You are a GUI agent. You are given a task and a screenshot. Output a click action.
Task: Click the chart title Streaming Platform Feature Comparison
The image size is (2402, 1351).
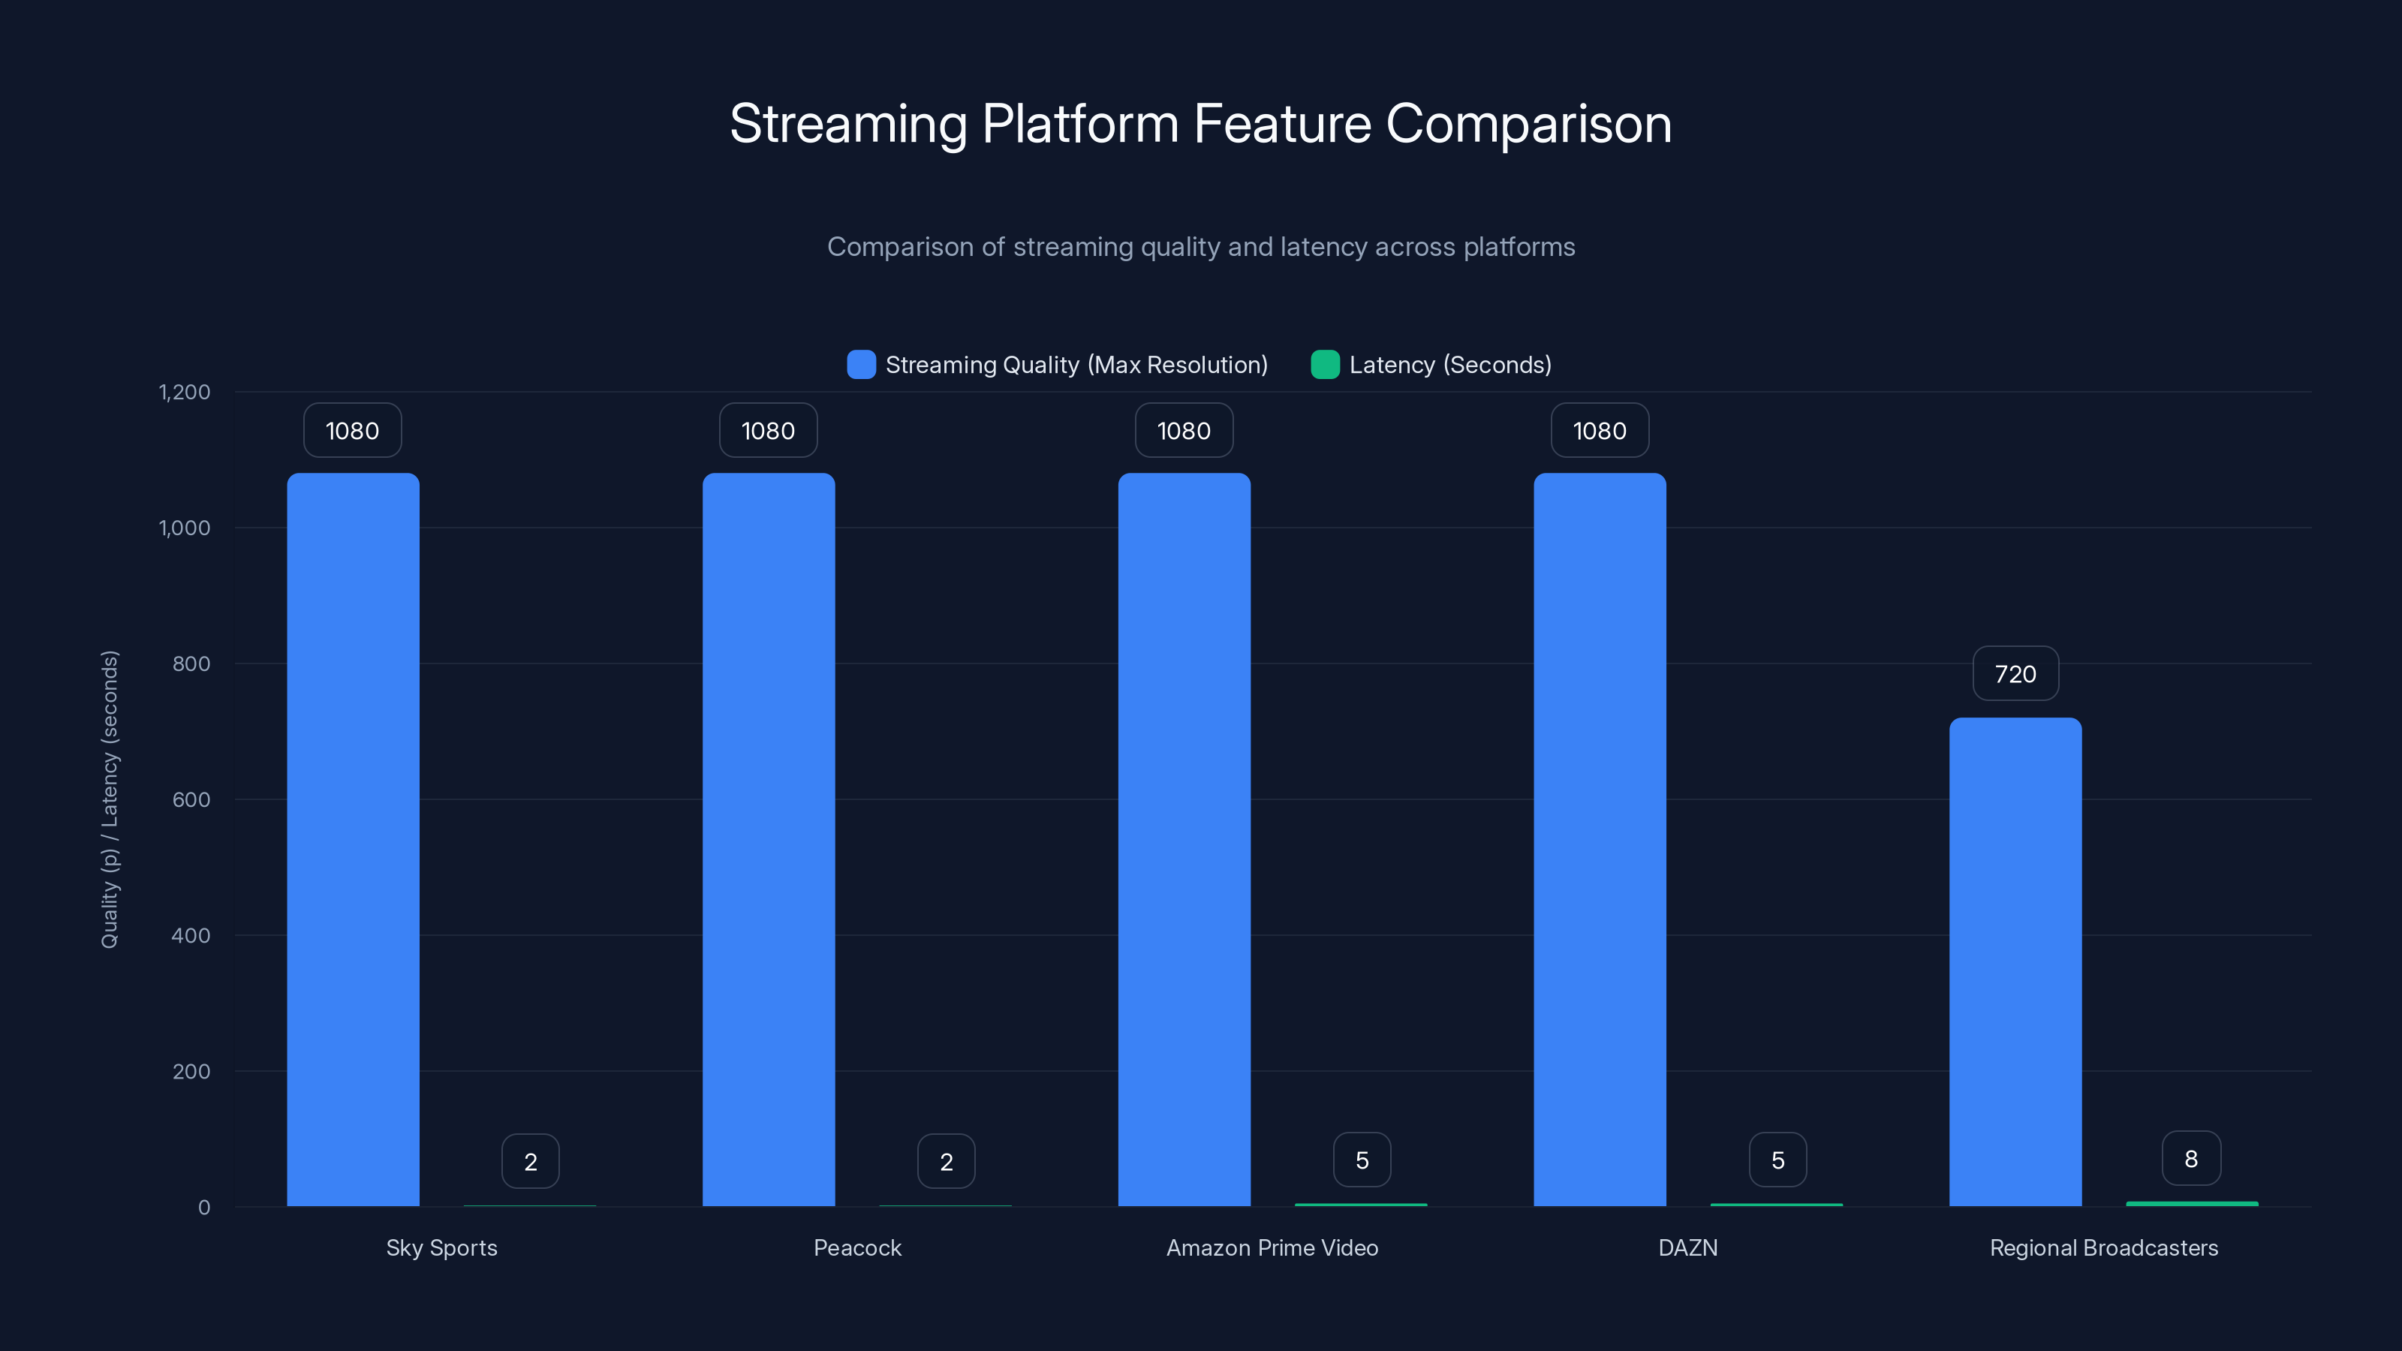[x=1200, y=124]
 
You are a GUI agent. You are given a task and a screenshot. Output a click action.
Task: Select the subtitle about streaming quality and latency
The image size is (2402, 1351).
[x=1200, y=247]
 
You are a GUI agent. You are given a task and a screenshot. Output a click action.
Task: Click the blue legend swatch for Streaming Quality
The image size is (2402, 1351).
[x=861, y=365]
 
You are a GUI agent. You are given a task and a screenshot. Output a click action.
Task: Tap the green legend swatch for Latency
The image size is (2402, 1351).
[x=1325, y=365]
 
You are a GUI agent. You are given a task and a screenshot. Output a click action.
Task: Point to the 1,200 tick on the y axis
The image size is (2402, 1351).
[x=185, y=392]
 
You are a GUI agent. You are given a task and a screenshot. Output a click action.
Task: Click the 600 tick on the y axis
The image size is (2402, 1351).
[x=191, y=799]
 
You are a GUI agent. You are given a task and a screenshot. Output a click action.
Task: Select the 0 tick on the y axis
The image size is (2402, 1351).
[x=204, y=1208]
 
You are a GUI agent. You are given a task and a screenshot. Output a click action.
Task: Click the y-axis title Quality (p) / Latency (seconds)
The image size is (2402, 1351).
[x=110, y=799]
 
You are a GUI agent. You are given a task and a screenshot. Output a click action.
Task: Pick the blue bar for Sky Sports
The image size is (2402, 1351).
[x=353, y=839]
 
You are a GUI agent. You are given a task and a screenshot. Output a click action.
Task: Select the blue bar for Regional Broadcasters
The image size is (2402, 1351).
[x=2015, y=961]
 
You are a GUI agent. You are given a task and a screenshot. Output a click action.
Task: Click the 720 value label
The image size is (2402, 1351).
[x=2015, y=674]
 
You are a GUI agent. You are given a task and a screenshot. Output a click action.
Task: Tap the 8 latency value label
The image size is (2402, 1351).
[x=2191, y=1159]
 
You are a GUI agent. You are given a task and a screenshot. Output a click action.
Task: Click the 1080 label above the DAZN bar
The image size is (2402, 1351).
[x=1599, y=431]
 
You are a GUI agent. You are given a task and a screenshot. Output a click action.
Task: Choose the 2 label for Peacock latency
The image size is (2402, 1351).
[x=946, y=1162]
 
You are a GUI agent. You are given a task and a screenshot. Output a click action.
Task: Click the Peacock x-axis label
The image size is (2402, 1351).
[x=857, y=1247]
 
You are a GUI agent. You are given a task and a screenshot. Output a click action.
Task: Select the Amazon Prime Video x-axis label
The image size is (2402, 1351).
[x=1272, y=1247]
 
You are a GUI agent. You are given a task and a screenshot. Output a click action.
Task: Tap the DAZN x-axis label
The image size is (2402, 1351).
[x=1687, y=1247]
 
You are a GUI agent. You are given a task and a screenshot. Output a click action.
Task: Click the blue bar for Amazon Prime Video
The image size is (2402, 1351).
[x=1183, y=839]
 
